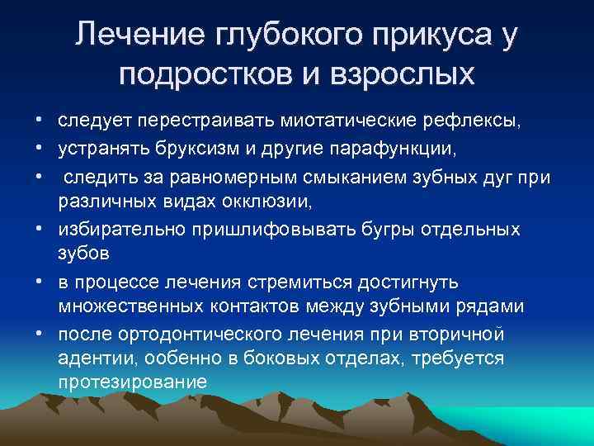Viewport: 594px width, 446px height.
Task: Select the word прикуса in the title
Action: (414, 37)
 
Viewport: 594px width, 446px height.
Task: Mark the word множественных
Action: (134, 306)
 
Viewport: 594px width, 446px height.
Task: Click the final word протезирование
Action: (132, 382)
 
